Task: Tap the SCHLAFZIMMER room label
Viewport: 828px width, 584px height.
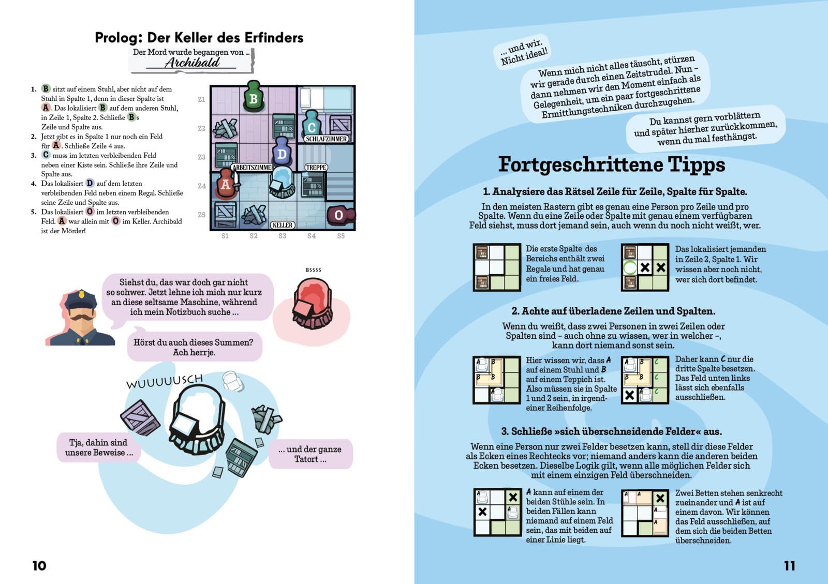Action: (326, 139)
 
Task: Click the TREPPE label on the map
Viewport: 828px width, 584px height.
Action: (316, 167)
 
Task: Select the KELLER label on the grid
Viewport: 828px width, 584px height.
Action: (283, 225)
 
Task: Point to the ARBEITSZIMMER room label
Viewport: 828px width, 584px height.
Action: (253, 167)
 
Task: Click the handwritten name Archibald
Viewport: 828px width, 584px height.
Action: (192, 63)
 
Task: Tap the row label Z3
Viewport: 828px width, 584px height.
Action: (201, 157)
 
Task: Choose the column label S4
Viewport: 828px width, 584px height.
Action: (312, 236)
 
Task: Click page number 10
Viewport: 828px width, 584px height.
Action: (39, 565)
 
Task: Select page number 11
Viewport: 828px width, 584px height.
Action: (789, 565)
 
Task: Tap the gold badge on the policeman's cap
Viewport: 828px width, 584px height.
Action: (81, 294)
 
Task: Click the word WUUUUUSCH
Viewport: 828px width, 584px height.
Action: (165, 381)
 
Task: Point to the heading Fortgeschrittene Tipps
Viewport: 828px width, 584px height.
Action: (611, 164)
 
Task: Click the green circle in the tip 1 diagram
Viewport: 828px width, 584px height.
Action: (630, 267)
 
